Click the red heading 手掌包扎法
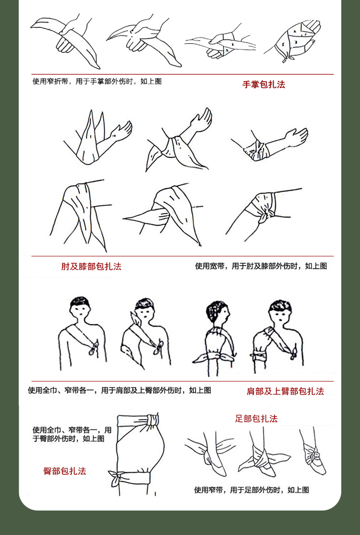coord(264,85)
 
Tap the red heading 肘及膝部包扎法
coord(91,267)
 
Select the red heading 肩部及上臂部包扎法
coord(285,391)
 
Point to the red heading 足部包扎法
coord(256,419)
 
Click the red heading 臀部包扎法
coord(65,471)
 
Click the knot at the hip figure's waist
coord(153,419)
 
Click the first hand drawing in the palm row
coord(65,40)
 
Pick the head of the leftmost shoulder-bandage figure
coord(80,308)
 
